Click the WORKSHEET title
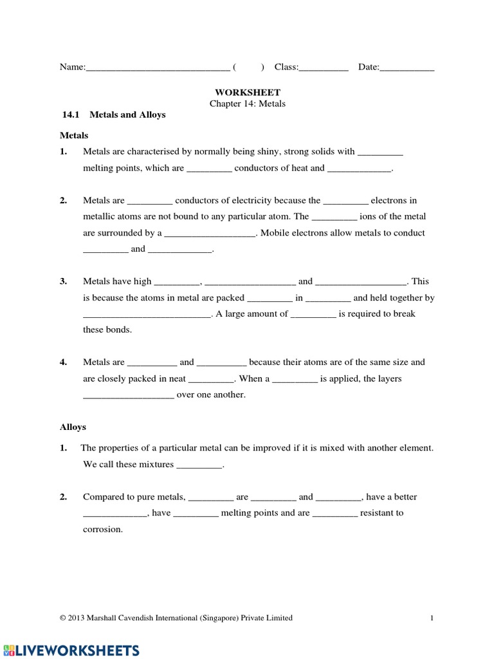tap(248, 93)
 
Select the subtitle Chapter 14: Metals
tap(248, 104)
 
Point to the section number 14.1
tap(69, 115)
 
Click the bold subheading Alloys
tap(73, 427)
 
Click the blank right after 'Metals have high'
tap(178, 282)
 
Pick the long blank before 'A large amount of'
tap(147, 315)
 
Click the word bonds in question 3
tap(119, 329)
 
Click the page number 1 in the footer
tap(432, 618)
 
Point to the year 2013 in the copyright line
tap(77, 618)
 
